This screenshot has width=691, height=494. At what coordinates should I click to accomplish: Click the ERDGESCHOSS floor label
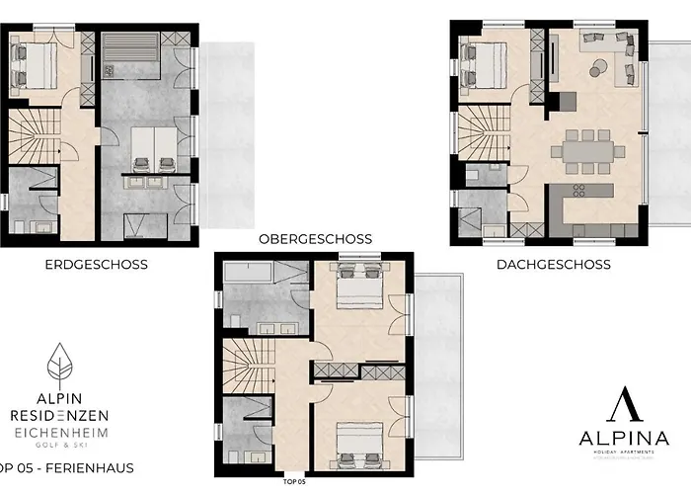pos(96,264)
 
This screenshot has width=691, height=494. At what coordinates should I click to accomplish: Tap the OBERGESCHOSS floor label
pos(315,238)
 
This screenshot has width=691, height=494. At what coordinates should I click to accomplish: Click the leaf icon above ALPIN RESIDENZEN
pos(61,367)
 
